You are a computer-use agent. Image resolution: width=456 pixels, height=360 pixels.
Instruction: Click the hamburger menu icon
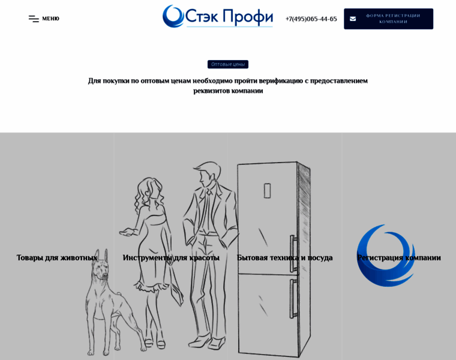pos(34,19)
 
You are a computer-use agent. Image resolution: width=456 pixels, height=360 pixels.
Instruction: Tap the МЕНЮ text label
pos(50,19)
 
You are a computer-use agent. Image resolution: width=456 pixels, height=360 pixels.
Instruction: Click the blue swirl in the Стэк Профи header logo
pos(173,16)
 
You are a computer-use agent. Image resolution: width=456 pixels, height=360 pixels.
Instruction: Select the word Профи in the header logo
pos(248,16)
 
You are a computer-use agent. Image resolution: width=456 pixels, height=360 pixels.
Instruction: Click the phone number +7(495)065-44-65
pos(311,19)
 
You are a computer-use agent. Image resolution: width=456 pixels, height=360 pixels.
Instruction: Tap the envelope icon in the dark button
pos(353,19)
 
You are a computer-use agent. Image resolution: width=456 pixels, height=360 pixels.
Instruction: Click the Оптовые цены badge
pos(228,64)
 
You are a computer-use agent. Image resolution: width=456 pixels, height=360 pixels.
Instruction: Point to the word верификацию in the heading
pos(281,80)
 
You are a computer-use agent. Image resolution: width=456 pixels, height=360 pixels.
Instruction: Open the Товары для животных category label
pos(57,257)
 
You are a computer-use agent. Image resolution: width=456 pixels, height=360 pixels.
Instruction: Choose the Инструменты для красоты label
pos(171,257)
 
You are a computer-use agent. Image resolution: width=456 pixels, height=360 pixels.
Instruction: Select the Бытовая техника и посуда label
pos(285,257)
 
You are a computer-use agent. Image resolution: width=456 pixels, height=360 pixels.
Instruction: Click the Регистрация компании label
pos(399,257)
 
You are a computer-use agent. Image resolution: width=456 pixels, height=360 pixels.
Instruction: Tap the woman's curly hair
pos(148,193)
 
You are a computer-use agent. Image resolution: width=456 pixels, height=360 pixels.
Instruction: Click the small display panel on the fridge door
pos(267,190)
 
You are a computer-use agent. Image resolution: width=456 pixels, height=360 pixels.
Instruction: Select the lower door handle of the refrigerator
pos(293,299)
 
